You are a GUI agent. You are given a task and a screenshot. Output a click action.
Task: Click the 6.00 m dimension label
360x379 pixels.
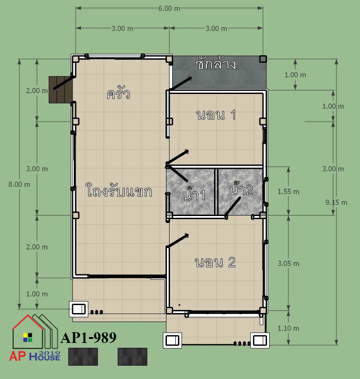[x=169, y=8]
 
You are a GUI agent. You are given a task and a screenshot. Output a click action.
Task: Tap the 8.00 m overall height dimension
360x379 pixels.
[x=19, y=184]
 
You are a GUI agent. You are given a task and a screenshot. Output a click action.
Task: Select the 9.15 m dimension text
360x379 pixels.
[x=336, y=203]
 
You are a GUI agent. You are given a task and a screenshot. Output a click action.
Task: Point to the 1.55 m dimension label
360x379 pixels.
[x=288, y=192]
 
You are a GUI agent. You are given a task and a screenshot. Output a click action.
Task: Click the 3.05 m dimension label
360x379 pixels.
[x=288, y=264]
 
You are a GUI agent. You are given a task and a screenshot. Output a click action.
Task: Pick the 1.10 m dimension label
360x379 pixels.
[x=288, y=328]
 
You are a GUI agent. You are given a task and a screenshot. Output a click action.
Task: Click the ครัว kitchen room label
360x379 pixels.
[x=118, y=94]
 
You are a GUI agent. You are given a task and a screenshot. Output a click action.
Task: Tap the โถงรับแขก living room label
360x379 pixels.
[x=119, y=191]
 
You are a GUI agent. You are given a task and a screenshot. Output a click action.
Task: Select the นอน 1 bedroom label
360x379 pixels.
[x=216, y=115]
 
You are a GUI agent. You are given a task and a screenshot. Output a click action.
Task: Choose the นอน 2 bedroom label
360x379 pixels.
[x=215, y=262]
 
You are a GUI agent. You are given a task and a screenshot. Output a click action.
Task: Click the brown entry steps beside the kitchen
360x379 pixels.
[x=61, y=90]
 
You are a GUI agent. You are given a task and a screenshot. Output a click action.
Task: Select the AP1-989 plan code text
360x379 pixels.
[x=89, y=338]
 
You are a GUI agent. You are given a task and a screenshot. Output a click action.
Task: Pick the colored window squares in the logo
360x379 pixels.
[x=28, y=338]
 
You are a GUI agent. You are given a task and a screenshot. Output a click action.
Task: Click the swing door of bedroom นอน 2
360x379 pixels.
[x=178, y=241]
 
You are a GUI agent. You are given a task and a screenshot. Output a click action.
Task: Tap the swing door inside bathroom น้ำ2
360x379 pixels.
[x=232, y=207]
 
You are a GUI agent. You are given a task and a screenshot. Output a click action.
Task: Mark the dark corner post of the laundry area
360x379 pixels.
[x=263, y=59]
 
